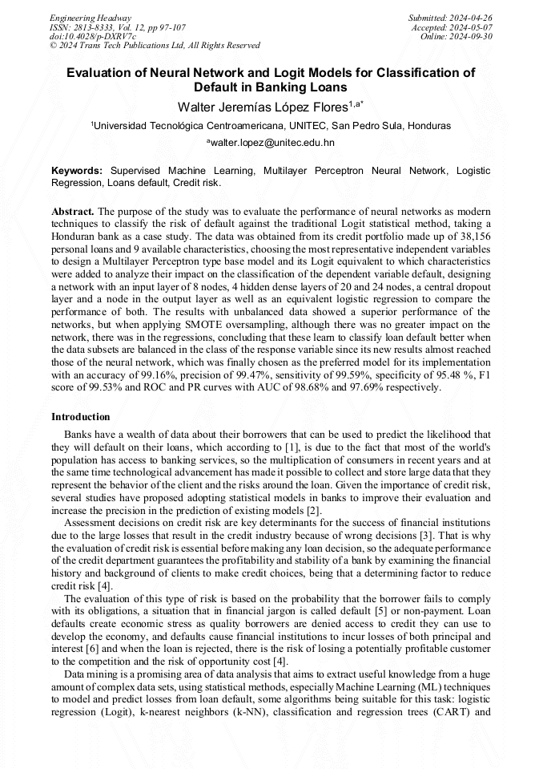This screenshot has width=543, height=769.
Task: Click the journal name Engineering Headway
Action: [x=90, y=18]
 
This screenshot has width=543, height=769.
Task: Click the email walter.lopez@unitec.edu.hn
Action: [x=272, y=143]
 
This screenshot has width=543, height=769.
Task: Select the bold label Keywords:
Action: [x=77, y=171]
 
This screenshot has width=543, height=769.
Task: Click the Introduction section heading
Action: [x=80, y=417]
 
